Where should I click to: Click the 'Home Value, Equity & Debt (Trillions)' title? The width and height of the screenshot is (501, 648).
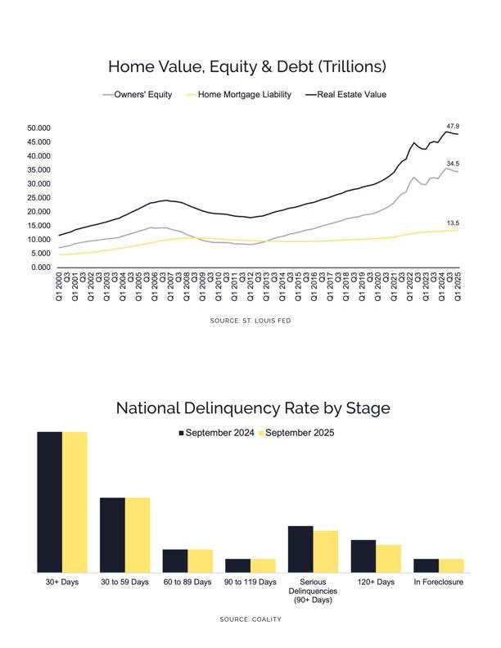[x=246, y=66]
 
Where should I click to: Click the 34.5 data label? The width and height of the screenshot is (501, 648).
[x=453, y=164]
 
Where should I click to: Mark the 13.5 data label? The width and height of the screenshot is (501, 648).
[x=453, y=223]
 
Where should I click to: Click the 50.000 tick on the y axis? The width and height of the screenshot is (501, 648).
[x=38, y=128]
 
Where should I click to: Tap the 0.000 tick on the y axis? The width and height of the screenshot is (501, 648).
[x=41, y=268]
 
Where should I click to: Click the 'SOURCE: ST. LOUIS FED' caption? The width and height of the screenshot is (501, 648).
[x=250, y=321]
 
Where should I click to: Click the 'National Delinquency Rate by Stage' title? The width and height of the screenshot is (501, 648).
[x=252, y=407]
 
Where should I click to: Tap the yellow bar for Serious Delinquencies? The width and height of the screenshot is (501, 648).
[x=325, y=551]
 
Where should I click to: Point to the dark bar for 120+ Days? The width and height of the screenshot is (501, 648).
[x=363, y=556]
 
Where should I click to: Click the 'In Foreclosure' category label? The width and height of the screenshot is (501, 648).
[x=438, y=583]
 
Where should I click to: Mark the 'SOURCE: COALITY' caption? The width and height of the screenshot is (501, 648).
[x=250, y=619]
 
